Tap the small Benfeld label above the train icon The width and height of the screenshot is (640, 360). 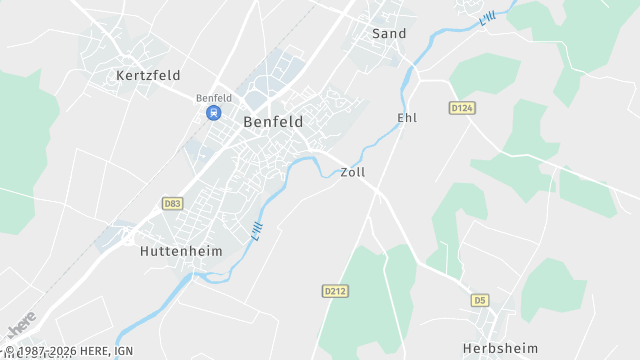[214, 98]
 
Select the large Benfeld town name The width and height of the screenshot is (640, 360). [273, 121]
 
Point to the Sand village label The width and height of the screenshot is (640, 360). [389, 34]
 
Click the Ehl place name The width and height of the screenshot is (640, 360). [407, 118]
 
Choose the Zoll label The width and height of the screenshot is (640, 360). [353, 172]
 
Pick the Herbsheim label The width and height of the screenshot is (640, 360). [494, 348]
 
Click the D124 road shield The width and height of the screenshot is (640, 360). [461, 108]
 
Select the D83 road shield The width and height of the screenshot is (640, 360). [172, 203]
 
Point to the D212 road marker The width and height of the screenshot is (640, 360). [335, 291]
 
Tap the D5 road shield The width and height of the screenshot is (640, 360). [480, 300]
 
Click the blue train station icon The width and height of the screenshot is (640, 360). [213, 113]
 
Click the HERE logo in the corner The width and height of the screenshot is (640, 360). [21, 325]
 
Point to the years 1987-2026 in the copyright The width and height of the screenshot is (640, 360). [46, 352]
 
